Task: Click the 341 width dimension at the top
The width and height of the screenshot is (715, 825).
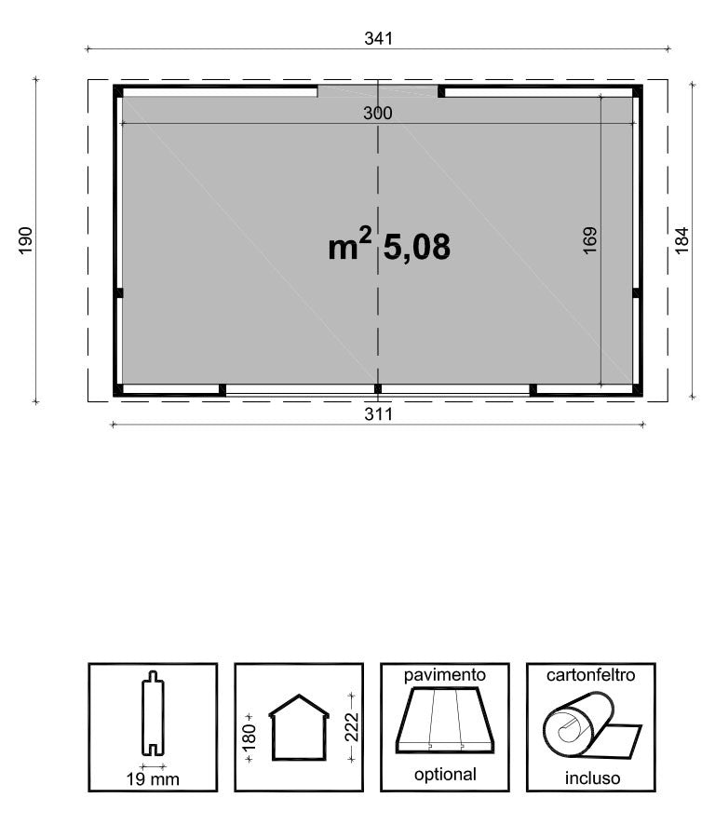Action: (378, 38)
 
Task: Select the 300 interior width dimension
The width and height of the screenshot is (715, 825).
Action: (378, 113)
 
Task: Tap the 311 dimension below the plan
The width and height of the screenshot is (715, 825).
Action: (378, 414)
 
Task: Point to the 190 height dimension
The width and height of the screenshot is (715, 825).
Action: (25, 239)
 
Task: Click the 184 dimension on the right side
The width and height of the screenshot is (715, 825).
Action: (681, 241)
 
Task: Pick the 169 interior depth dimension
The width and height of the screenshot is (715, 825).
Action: (589, 240)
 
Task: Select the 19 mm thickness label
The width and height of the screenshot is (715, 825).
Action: (153, 778)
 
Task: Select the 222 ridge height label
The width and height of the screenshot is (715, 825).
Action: (351, 727)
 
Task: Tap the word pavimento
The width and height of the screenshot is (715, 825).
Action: (444, 673)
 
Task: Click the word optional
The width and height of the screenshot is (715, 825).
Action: (444, 774)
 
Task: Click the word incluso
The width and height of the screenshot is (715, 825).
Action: (591, 778)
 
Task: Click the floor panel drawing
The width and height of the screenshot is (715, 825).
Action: (444, 722)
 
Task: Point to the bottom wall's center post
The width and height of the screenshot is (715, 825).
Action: (377, 388)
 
